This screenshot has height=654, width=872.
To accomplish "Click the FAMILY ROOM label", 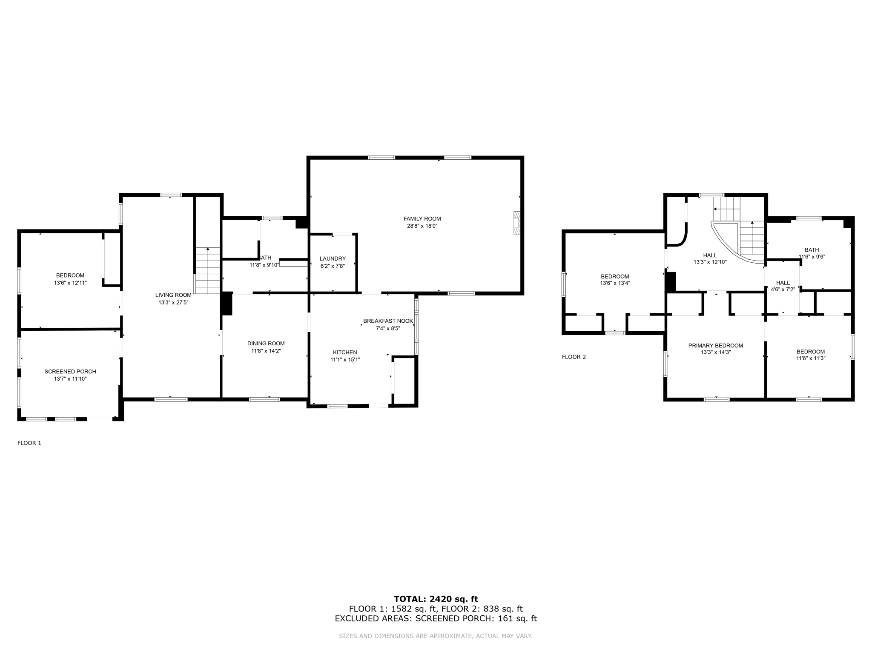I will tap(422, 219).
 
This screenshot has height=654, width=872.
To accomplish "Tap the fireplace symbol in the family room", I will tap(516, 223).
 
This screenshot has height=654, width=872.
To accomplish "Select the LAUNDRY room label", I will tap(333, 258).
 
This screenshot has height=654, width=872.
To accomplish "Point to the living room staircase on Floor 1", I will tap(207, 270).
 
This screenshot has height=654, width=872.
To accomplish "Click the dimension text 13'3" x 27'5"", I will tap(173, 302).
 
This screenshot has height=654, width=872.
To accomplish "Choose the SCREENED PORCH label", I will tap(70, 372).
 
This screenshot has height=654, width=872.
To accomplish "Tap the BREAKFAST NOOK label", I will tap(388, 321).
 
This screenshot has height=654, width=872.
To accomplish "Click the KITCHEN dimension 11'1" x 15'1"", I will tap(345, 359).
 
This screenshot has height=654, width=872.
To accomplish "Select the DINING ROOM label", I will tap(266, 344).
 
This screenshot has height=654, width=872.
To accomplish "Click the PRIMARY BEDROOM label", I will tap(715, 346).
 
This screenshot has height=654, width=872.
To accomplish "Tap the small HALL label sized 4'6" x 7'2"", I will tap(783, 283).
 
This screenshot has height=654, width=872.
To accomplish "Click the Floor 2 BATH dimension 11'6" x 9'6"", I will tap(812, 257).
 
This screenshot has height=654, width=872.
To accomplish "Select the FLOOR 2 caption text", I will tap(574, 357).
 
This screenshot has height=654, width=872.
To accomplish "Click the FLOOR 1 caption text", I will tap(29, 443).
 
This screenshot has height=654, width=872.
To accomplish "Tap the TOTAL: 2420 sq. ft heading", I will tap(436, 599).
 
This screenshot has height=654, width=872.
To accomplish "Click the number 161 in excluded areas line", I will tap(505, 619).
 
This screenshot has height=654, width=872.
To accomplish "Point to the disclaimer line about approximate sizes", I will tap(436, 636).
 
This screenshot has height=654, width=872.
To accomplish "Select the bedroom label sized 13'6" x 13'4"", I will tap(615, 276).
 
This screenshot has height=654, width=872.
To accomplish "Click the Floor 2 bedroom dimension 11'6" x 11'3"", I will tap(811, 359).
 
